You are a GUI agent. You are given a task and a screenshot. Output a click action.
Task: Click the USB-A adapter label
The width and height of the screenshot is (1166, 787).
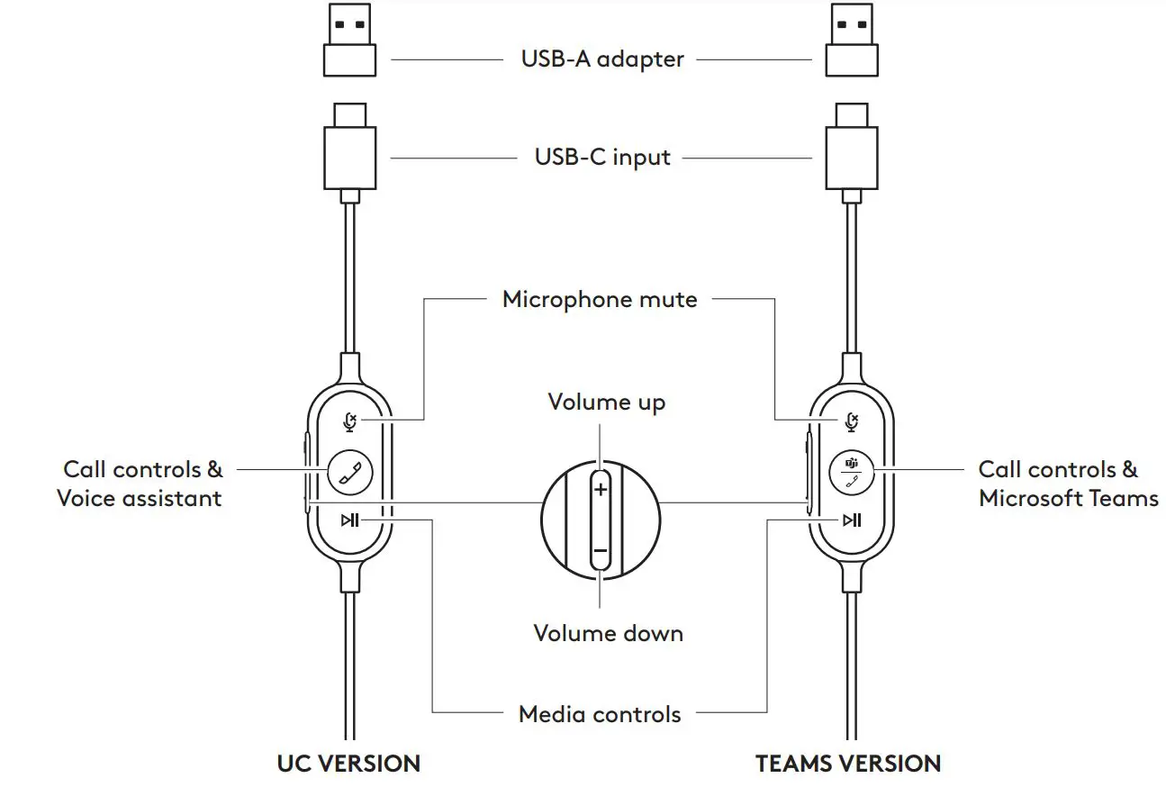tap(602, 59)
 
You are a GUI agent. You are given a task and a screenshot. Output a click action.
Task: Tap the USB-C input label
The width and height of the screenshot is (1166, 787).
tap(602, 158)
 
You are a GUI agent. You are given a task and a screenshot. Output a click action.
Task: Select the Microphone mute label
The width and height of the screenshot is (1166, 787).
tap(600, 299)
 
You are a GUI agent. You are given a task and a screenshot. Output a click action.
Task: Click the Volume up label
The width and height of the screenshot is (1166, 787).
tap(607, 402)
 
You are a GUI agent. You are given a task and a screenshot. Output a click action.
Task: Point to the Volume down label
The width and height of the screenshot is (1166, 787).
tap(608, 633)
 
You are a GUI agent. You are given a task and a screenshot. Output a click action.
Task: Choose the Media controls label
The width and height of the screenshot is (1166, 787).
tap(600, 715)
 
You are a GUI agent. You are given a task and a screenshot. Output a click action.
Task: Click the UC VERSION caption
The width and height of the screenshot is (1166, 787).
tap(348, 764)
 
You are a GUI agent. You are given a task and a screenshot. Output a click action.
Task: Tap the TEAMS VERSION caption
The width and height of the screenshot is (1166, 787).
tap(848, 764)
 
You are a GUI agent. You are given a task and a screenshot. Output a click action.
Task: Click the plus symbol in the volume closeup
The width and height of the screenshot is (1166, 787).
tap(601, 491)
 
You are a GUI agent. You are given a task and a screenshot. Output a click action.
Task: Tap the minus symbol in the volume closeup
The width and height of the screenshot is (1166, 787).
tap(601, 550)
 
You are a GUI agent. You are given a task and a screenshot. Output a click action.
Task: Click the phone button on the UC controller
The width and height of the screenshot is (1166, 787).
tap(349, 471)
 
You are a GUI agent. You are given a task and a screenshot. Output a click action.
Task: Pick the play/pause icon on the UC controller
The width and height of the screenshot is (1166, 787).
tap(350, 520)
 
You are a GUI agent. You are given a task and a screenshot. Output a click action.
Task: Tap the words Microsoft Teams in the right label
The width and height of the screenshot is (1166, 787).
tap(1068, 498)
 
